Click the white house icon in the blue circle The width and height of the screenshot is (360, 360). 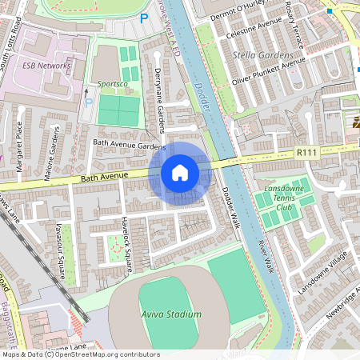180,172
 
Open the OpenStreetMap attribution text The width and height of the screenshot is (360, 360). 80,354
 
